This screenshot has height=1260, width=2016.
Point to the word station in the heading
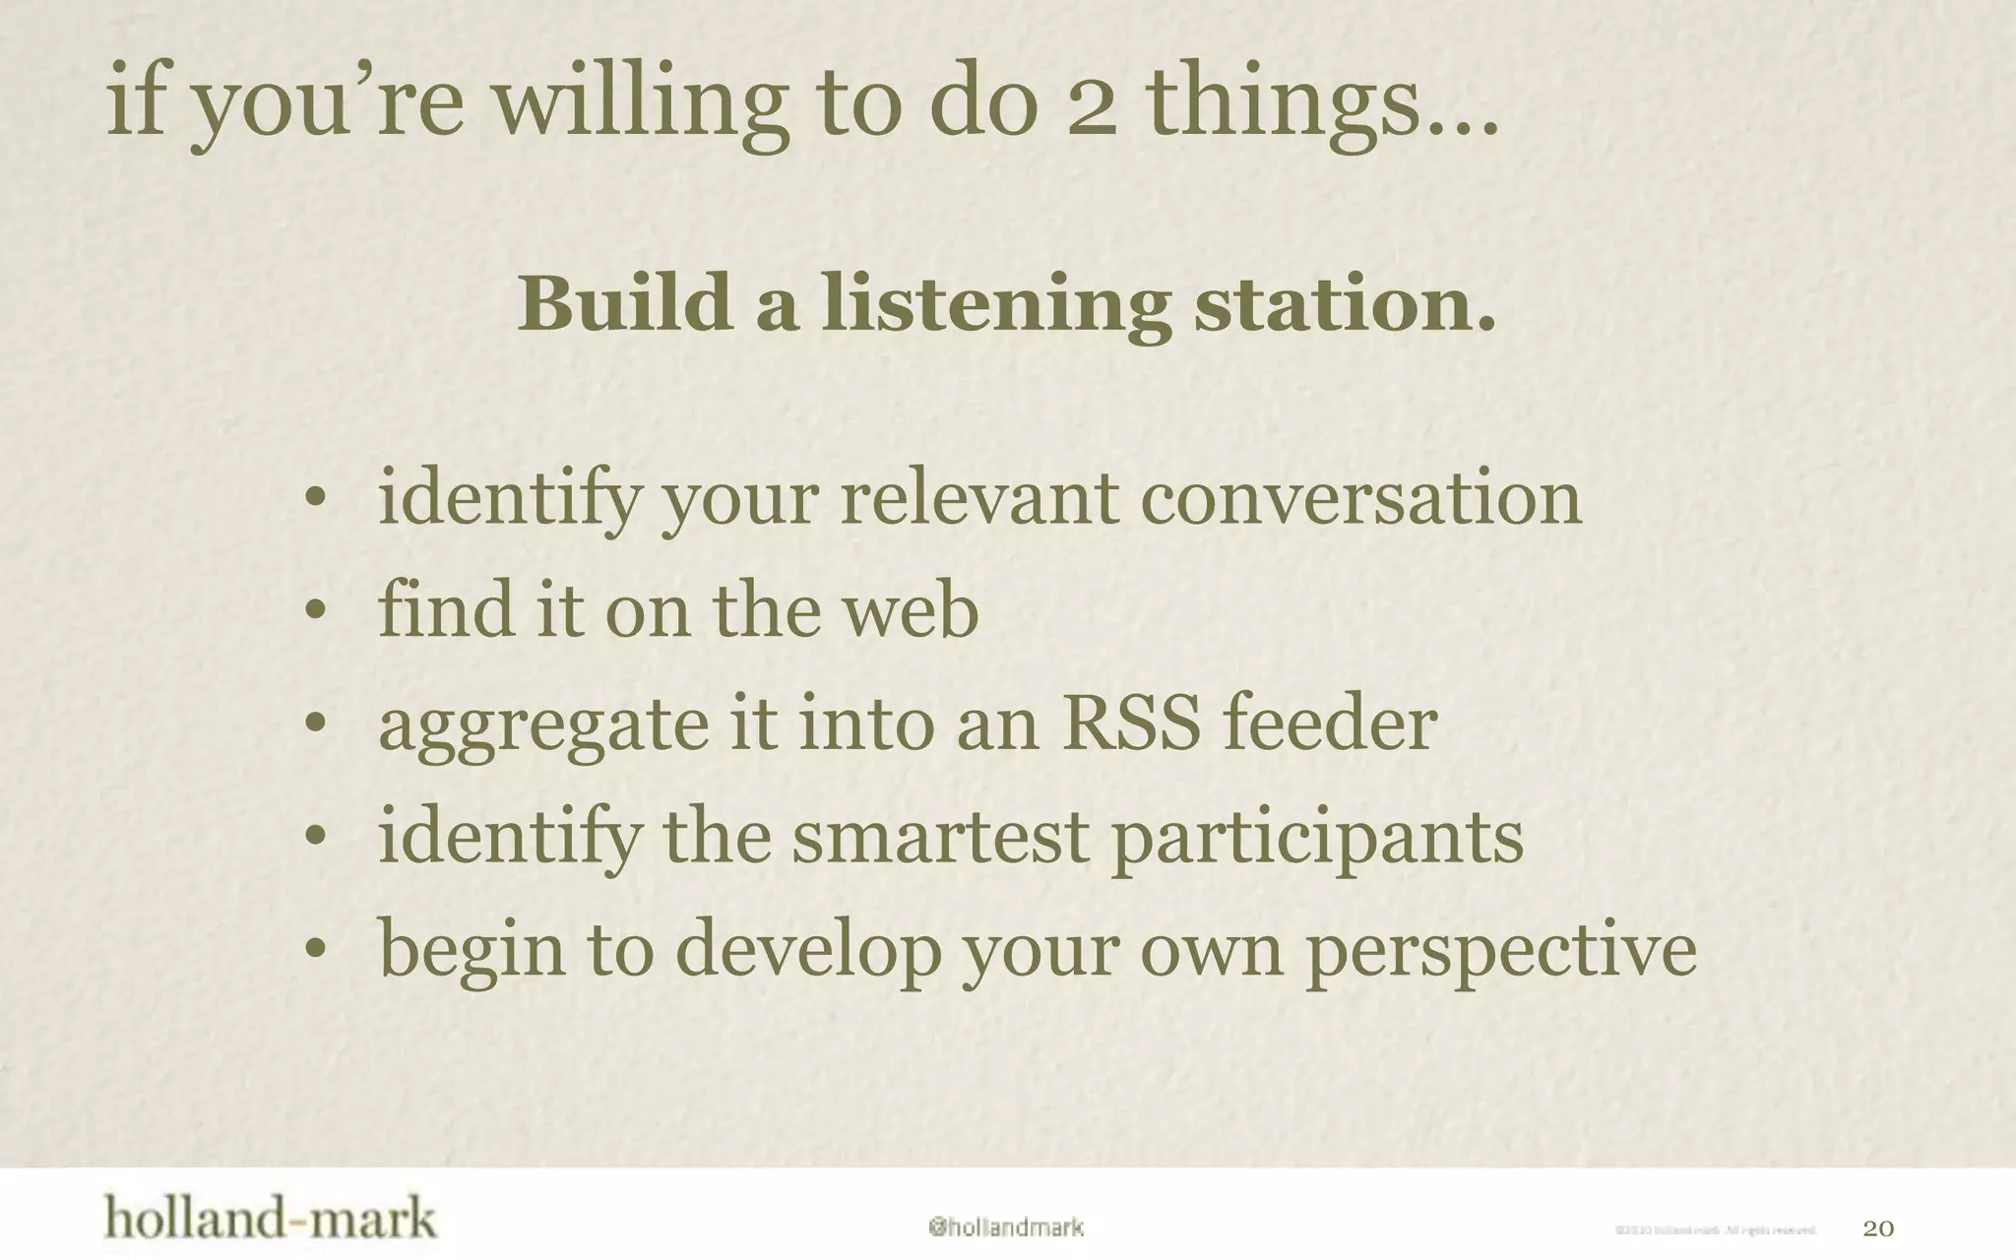click(1344, 303)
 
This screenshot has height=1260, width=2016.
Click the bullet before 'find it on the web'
click(314, 610)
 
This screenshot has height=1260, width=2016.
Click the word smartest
click(940, 837)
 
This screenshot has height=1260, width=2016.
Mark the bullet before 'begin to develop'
click(314, 950)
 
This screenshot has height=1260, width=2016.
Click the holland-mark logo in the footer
click(270, 1219)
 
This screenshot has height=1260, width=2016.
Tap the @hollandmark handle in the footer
click(1005, 1228)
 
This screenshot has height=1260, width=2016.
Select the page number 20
click(1878, 1228)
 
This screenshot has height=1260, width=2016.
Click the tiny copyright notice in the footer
click(1715, 1229)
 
